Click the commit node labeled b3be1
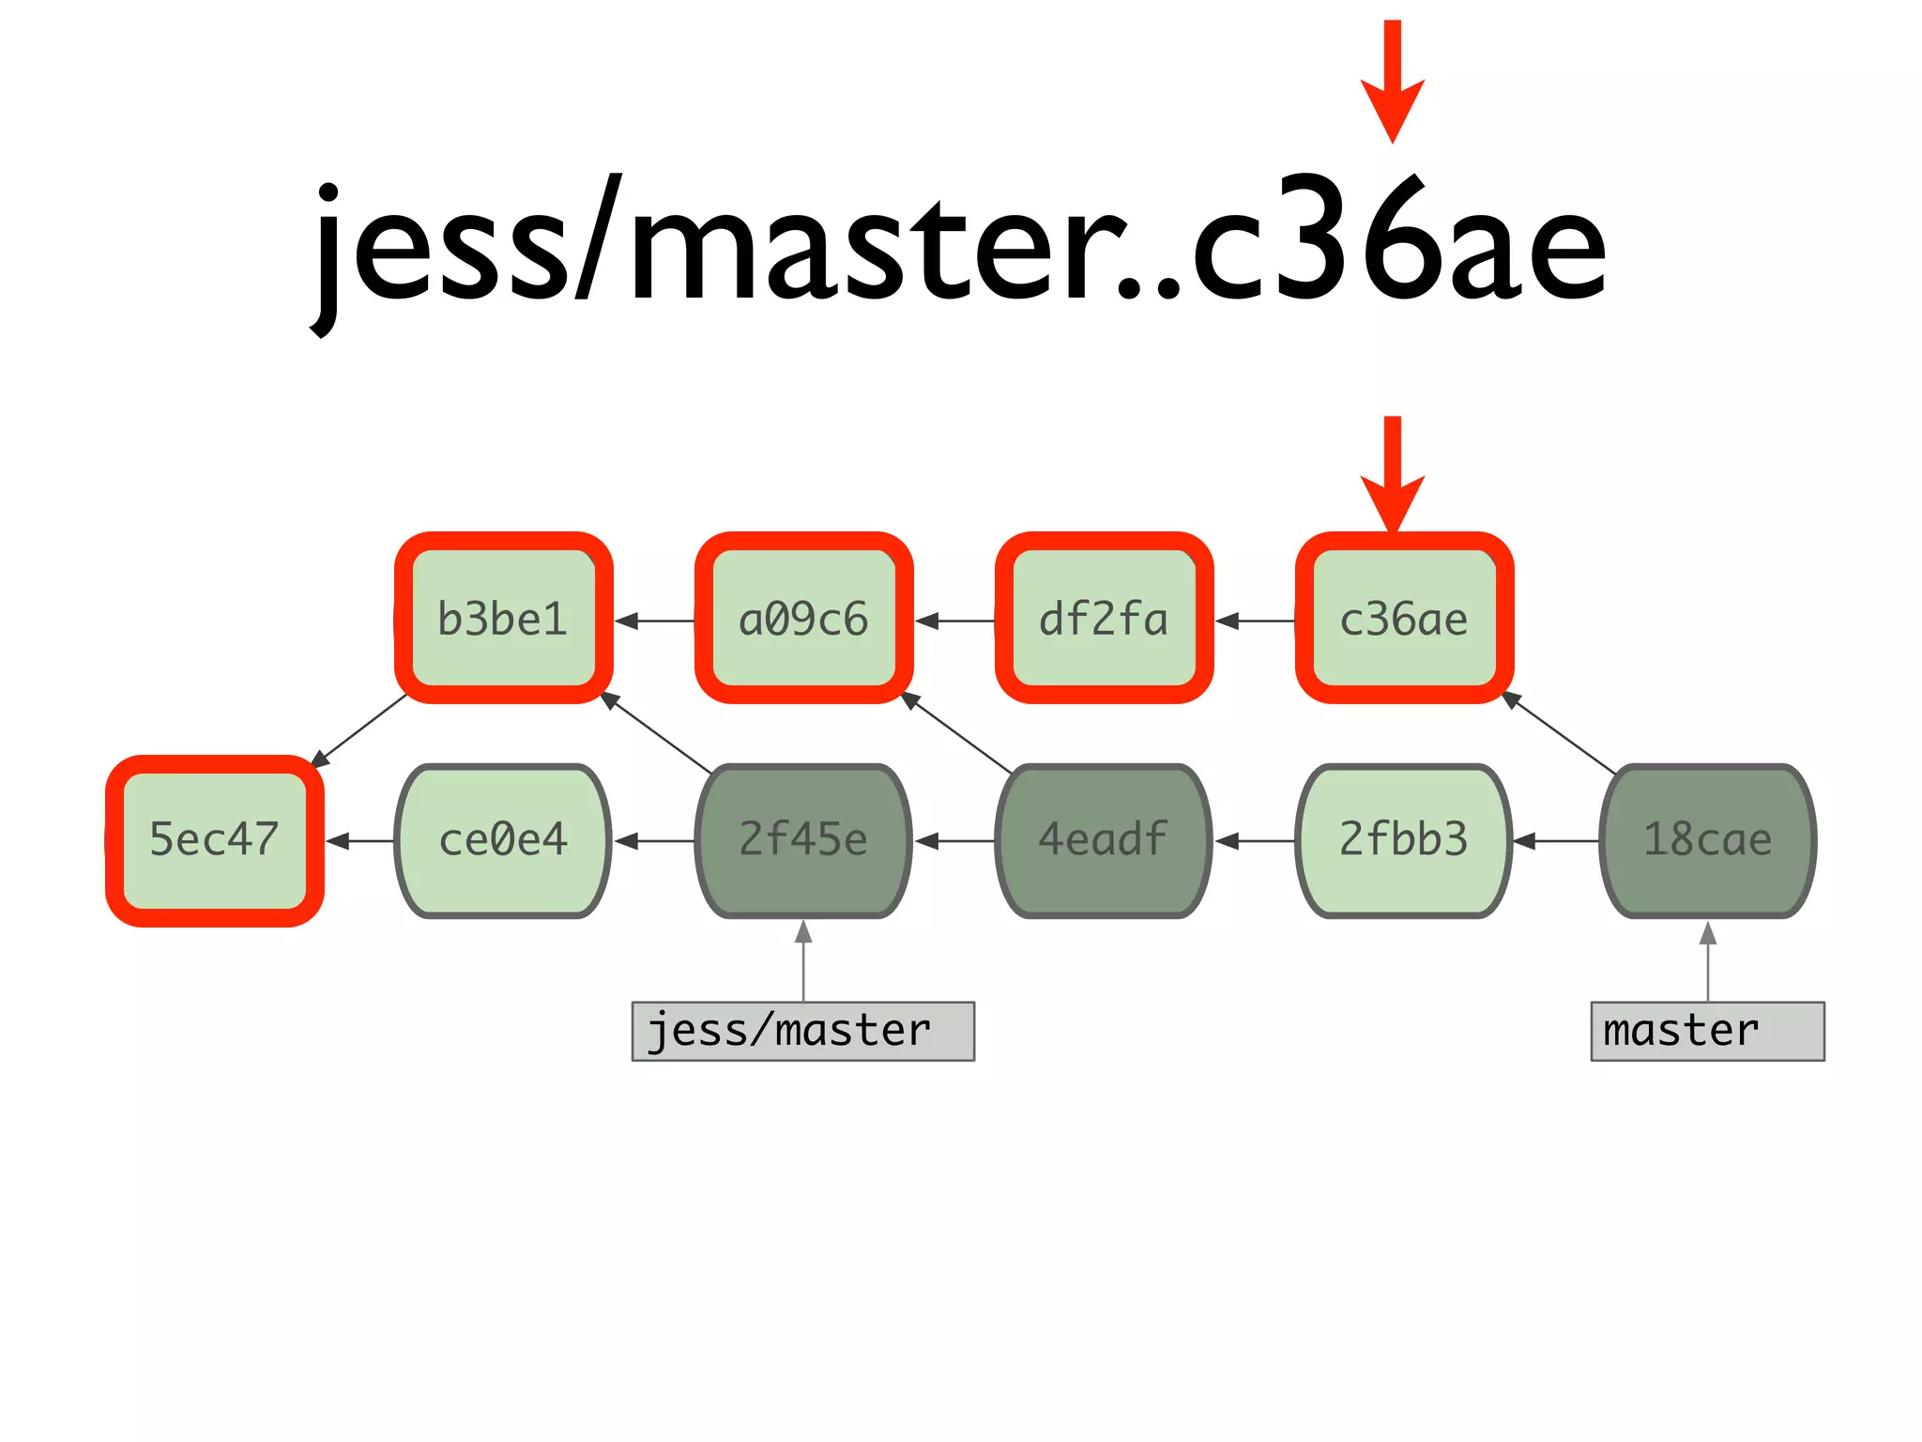point(503,619)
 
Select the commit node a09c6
point(803,619)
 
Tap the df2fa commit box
point(1104,619)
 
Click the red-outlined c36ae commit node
point(1404,619)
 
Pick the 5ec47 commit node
point(215,839)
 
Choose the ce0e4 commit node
point(503,839)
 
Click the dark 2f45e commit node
point(803,839)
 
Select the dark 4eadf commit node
point(1104,839)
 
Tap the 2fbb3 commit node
point(1404,839)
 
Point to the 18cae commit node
point(1707,839)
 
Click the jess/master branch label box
point(803,1031)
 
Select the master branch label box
point(1707,1031)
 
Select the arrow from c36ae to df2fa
point(1255,621)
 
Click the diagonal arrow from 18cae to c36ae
point(1559,733)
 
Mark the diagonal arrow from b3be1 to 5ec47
point(359,729)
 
